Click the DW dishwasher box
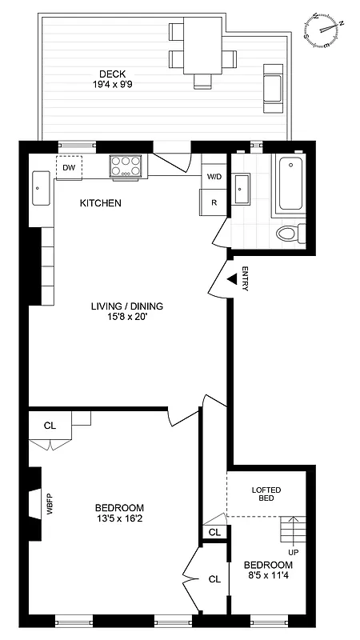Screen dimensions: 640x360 [x=69, y=167]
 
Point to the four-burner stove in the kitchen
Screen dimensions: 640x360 [x=125, y=166]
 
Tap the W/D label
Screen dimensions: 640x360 [x=214, y=176]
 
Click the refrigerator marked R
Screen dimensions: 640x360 [x=214, y=202]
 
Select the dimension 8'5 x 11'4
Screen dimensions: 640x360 [x=266, y=575]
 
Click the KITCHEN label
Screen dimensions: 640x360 [x=100, y=203]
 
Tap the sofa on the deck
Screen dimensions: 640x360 [x=272, y=86]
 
